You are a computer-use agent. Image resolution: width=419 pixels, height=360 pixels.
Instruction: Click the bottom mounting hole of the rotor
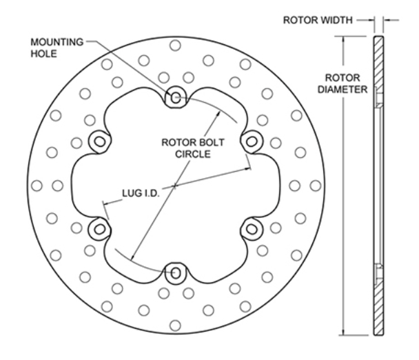pyautogui.click(x=176, y=273)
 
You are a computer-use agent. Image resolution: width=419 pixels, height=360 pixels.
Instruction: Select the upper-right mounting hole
pyautogui.click(x=252, y=141)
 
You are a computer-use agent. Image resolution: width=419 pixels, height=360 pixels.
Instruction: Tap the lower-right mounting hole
pyautogui.click(x=252, y=229)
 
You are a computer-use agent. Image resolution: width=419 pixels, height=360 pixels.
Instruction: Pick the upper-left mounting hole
pyautogui.click(x=100, y=141)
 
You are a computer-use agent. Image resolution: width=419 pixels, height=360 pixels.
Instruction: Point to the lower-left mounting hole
pyautogui.click(x=100, y=229)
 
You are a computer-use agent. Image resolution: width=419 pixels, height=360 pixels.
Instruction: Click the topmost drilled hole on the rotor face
pyautogui.click(x=176, y=45)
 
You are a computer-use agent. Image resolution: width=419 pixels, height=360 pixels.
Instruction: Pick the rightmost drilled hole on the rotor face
pyautogui.click(x=315, y=186)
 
